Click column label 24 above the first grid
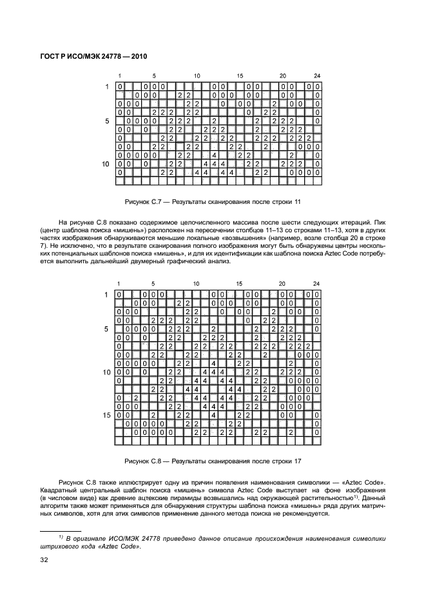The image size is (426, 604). pos(316,75)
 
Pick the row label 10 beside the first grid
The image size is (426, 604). pos(105,165)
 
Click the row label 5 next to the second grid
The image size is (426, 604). pos(107,329)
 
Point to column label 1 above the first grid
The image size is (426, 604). pos(119,75)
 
